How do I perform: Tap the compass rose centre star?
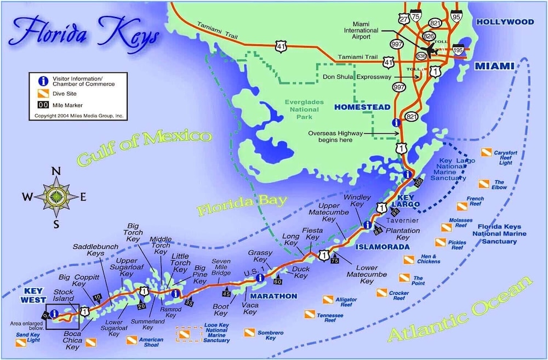pyautogui.click(x=56, y=197)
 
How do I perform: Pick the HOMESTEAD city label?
pyautogui.click(x=362, y=107)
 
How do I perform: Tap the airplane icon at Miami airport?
pyautogui.click(x=433, y=51)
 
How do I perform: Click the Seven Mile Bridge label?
pyautogui.click(x=221, y=267)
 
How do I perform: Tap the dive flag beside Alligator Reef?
pyautogui.click(x=328, y=300)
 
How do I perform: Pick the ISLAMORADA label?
pyautogui.click(x=383, y=247)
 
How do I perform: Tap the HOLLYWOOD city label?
pyautogui.click(x=505, y=22)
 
